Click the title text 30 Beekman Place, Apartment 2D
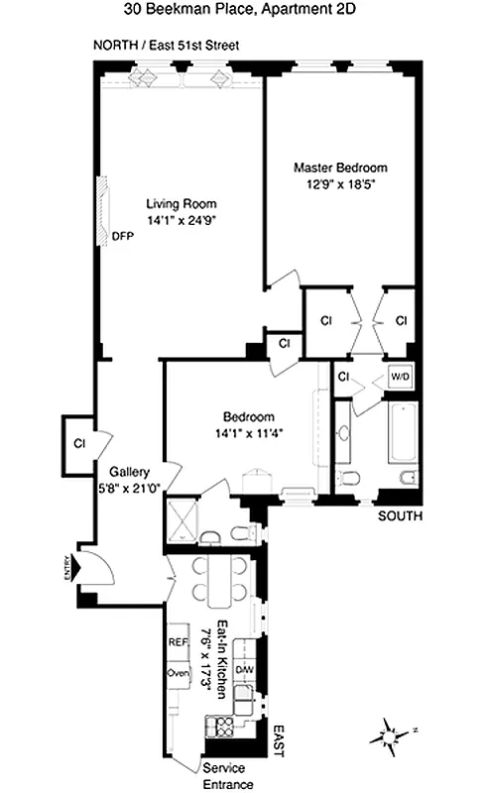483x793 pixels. pos(241,11)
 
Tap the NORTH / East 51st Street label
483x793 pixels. pos(165,46)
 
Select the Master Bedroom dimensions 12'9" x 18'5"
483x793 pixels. pos(340,183)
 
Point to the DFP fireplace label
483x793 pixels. pos(122,237)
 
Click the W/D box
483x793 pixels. pos(401,378)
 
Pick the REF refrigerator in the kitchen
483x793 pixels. pos(178,641)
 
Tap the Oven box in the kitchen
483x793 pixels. pos(178,675)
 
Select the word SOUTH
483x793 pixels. pos(402,516)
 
